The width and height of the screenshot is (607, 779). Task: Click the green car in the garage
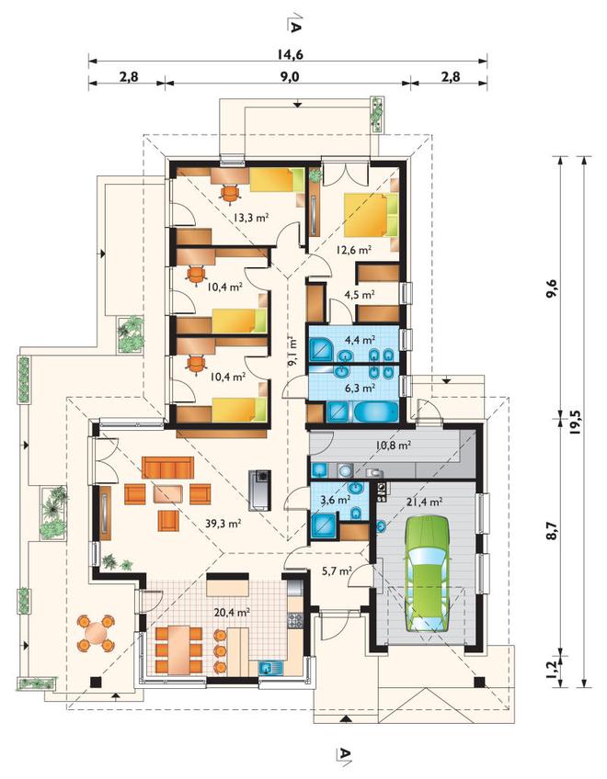427,574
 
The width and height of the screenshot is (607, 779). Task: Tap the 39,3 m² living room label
223,523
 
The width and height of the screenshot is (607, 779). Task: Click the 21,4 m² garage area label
424,502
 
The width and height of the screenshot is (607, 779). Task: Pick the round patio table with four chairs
96,633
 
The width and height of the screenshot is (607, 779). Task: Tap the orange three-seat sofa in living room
167,468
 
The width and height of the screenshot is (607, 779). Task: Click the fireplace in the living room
260,490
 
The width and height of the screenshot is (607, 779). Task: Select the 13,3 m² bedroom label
251,217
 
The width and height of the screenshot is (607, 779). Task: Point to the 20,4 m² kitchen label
232,613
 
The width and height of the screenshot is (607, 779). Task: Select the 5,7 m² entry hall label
338,570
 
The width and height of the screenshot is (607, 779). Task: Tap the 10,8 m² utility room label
393,446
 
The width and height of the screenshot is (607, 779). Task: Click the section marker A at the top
294,23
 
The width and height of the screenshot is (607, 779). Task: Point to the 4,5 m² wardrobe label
359,295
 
